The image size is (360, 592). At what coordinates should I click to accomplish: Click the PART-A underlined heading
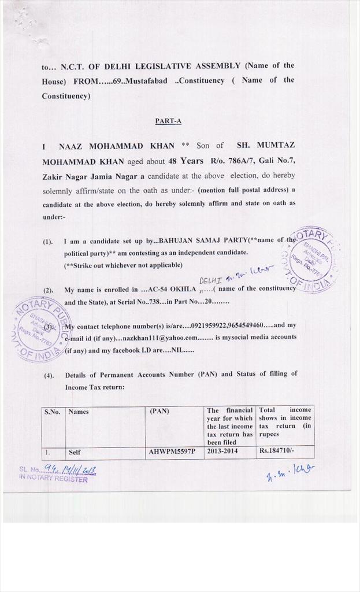(x=168, y=121)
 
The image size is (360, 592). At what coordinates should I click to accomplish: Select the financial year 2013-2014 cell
(x=221, y=453)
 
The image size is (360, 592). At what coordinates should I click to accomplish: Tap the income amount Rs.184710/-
(x=276, y=453)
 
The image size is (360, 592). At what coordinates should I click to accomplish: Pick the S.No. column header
(x=52, y=412)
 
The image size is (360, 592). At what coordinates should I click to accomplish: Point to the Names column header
(x=79, y=412)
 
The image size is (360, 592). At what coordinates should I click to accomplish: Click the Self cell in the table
(x=75, y=453)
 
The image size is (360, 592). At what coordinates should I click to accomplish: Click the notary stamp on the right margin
(x=310, y=258)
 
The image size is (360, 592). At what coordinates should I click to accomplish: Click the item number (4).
(x=49, y=375)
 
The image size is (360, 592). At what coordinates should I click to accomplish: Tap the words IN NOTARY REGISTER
(x=53, y=479)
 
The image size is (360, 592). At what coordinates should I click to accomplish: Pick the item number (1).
(x=48, y=241)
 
